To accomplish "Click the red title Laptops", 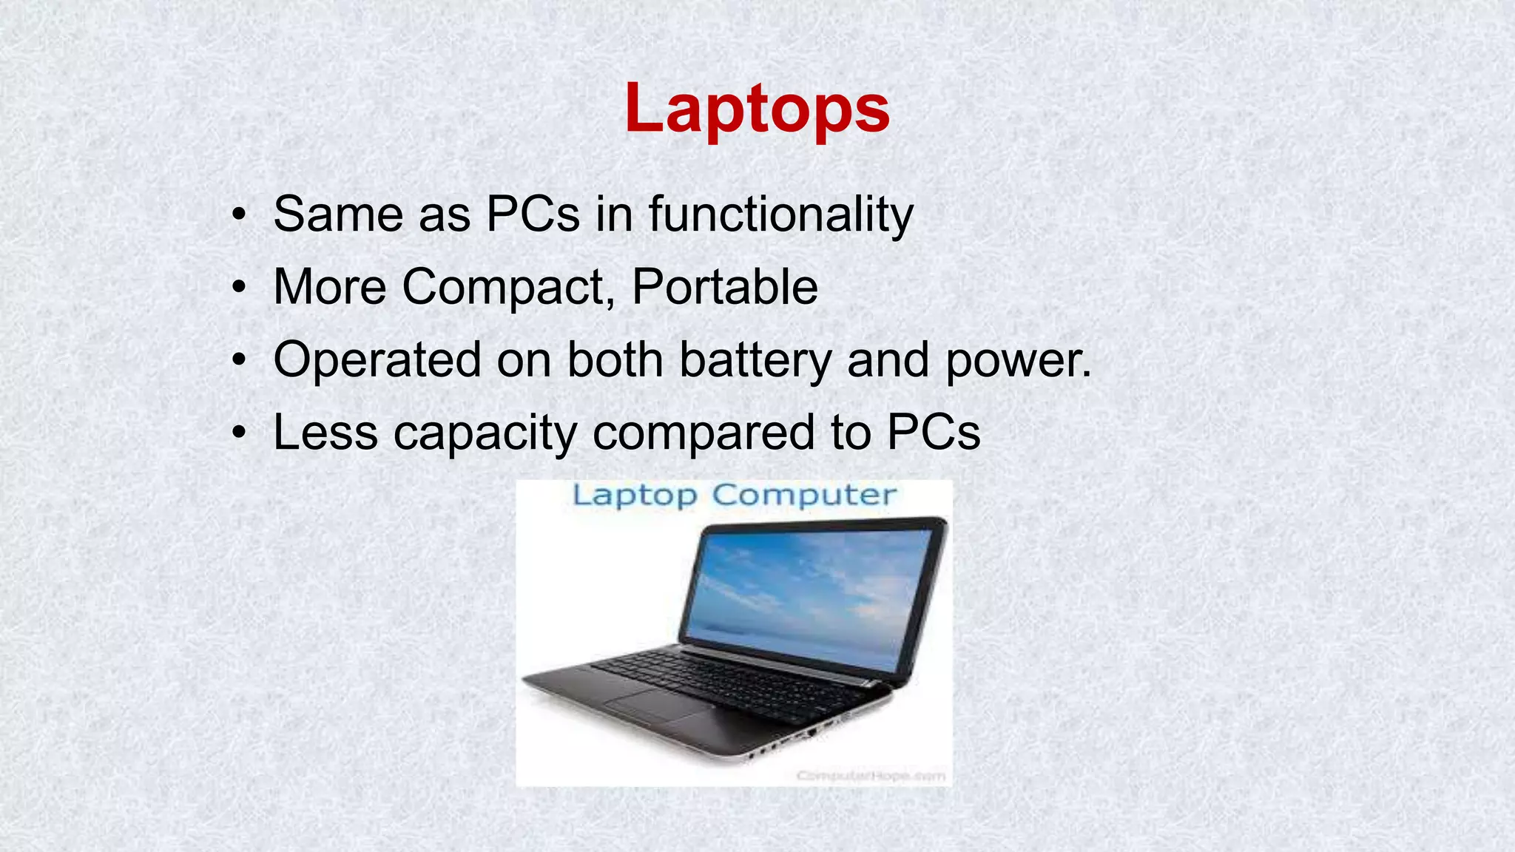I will [757, 109].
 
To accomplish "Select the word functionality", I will [781, 214].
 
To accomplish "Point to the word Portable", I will [725, 287].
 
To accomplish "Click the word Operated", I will [377, 360].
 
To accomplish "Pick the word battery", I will [755, 360].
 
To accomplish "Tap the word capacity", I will [485, 433].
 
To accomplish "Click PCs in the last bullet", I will [934, 433].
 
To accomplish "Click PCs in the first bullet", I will [533, 214].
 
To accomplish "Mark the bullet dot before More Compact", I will [237, 288].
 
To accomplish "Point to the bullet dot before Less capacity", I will [237, 433].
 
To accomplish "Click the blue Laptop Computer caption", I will [734, 496].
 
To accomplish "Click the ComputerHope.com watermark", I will [871, 775].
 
